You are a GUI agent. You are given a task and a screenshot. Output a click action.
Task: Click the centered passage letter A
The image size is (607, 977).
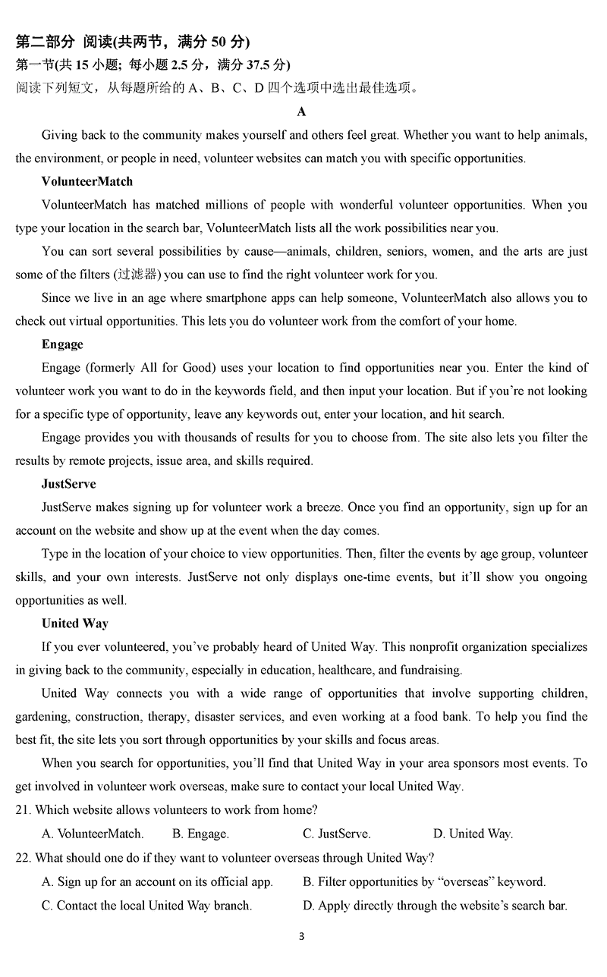[x=302, y=112]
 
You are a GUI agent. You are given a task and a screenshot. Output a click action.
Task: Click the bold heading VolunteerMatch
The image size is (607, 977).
[x=87, y=181]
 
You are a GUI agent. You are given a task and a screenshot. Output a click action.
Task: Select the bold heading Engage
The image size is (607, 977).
[x=62, y=344]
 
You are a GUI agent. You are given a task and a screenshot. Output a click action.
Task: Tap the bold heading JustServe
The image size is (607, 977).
[x=69, y=483]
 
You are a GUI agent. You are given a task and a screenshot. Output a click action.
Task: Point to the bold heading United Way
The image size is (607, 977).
[x=75, y=623]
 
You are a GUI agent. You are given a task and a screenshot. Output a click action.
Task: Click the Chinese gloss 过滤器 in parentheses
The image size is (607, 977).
[x=138, y=275]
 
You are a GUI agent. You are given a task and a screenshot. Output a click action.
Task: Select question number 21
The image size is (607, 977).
[x=22, y=810]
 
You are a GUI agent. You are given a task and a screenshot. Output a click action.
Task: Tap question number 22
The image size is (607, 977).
[x=22, y=858]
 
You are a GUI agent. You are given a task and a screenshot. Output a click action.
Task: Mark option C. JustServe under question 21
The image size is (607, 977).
[x=337, y=834]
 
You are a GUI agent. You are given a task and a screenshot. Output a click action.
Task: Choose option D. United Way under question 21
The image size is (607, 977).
[x=473, y=834]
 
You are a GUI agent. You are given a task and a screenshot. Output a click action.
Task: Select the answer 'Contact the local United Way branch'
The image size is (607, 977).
[x=147, y=905]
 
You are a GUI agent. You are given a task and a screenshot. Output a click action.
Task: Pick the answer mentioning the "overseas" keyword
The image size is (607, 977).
[x=424, y=881]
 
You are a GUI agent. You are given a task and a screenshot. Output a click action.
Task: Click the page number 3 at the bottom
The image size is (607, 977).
[x=302, y=936]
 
